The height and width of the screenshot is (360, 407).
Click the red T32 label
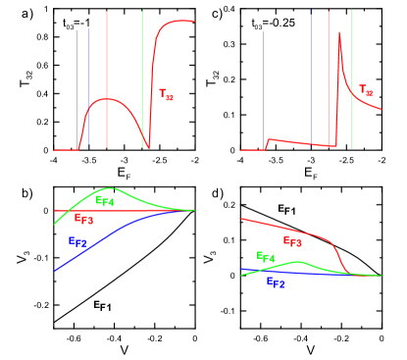point(167,95)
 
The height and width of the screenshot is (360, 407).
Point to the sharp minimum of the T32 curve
point(148,147)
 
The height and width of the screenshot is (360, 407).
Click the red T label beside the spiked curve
point(366,91)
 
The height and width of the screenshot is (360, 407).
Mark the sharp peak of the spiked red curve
point(339,33)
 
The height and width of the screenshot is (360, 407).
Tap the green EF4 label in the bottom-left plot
point(105,200)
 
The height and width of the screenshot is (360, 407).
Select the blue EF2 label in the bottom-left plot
point(76,241)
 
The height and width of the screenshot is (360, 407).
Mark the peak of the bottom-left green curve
point(110,188)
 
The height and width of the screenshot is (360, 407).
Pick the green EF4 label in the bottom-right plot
point(266,257)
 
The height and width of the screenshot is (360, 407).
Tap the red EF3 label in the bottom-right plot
point(292,240)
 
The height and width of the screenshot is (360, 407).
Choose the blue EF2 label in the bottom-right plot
point(276,282)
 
